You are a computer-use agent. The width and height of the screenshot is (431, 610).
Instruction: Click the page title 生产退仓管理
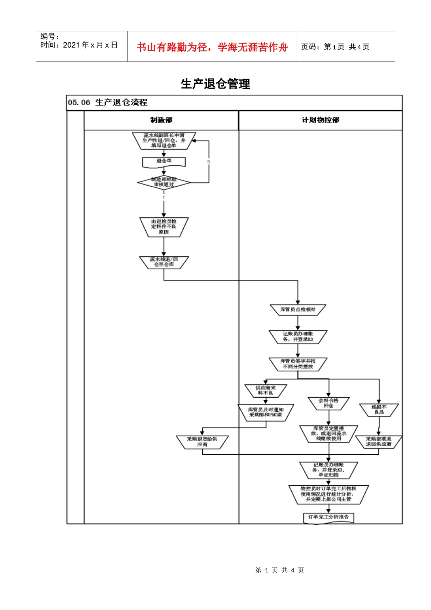pyautogui.click(x=215, y=84)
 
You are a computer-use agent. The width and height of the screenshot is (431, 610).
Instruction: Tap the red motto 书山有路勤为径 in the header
pyautogui.click(x=212, y=47)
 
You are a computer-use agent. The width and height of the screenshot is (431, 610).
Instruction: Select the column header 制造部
pyautogui.click(x=162, y=120)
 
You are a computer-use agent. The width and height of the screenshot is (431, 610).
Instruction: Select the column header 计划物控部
pyautogui.click(x=320, y=120)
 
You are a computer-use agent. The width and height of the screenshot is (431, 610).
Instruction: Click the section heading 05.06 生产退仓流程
pyautogui.click(x=108, y=103)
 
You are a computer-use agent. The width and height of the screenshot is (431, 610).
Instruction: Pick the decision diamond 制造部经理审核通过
pyautogui.click(x=164, y=182)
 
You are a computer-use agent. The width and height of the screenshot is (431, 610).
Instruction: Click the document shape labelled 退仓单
pyautogui.click(x=164, y=161)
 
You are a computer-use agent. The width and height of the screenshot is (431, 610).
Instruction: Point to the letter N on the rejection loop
pyautogui.click(x=209, y=162)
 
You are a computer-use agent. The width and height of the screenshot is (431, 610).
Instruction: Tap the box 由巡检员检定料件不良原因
pyautogui.click(x=164, y=226)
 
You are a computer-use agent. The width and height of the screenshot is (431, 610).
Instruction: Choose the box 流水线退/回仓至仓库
pyautogui.click(x=164, y=262)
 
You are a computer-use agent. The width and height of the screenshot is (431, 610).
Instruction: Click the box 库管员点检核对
pyautogui.click(x=298, y=310)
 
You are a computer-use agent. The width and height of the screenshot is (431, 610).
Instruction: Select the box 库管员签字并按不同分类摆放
pyautogui.click(x=298, y=364)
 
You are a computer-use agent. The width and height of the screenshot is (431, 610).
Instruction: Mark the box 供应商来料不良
pyautogui.click(x=266, y=390)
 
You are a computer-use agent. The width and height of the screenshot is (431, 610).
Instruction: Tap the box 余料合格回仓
pyautogui.click(x=328, y=403)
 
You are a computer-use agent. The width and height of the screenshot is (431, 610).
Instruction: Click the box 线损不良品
pyautogui.click(x=379, y=410)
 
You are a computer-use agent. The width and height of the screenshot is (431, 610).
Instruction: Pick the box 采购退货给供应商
pyautogui.click(x=202, y=442)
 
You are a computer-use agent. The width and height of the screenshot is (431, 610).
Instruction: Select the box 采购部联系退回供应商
pyautogui.click(x=378, y=442)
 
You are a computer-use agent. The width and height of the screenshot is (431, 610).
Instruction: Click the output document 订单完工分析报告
pyautogui.click(x=328, y=517)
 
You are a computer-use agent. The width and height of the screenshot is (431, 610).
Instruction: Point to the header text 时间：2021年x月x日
pyautogui.click(x=79, y=45)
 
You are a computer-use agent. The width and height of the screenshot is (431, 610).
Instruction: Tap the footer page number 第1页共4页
pyautogui.click(x=279, y=570)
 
